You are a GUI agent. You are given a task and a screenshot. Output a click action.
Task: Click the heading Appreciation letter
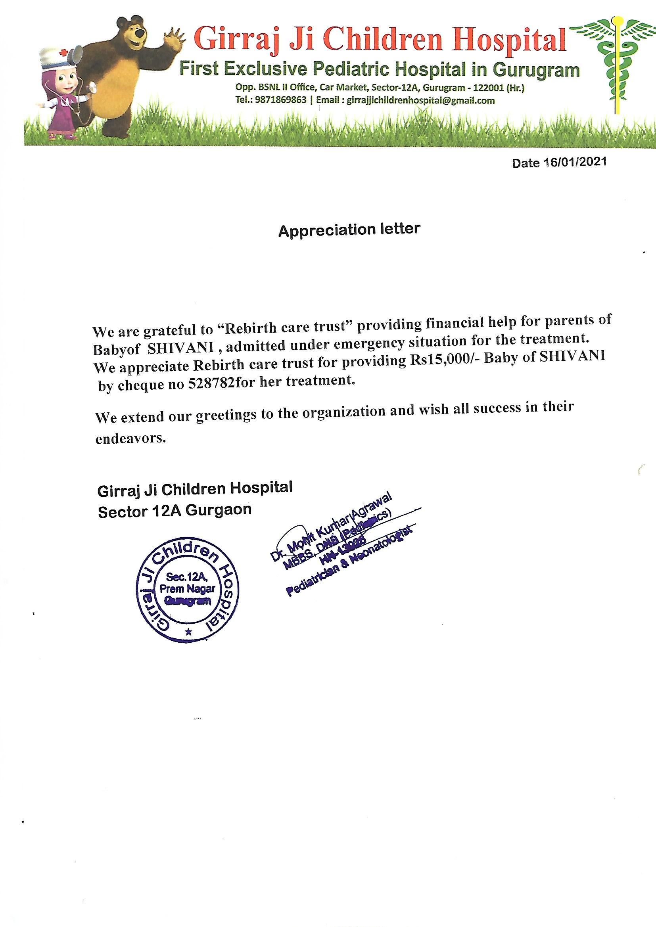click(x=349, y=230)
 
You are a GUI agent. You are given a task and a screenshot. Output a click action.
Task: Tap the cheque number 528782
click(x=212, y=384)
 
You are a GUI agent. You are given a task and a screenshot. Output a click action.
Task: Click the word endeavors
click(x=130, y=439)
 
